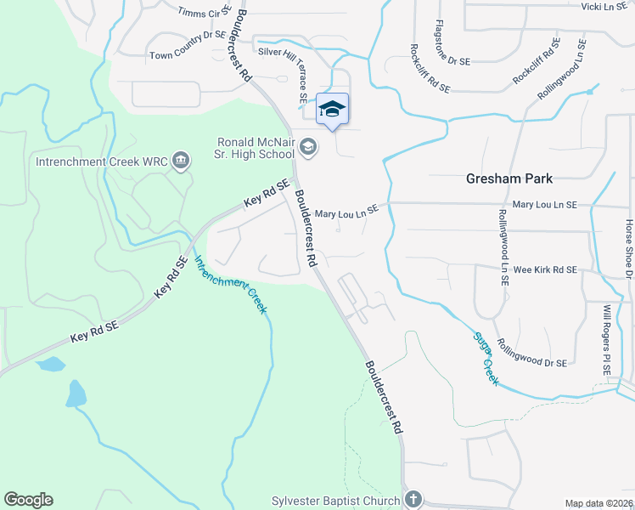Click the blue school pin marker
[332, 109]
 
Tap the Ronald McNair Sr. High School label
[254, 149]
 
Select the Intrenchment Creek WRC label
[101, 160]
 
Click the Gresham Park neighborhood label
[509, 178]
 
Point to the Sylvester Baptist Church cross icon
[413, 500]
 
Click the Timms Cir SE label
[205, 12]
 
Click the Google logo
[28, 500]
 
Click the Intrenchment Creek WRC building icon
[180, 160]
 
